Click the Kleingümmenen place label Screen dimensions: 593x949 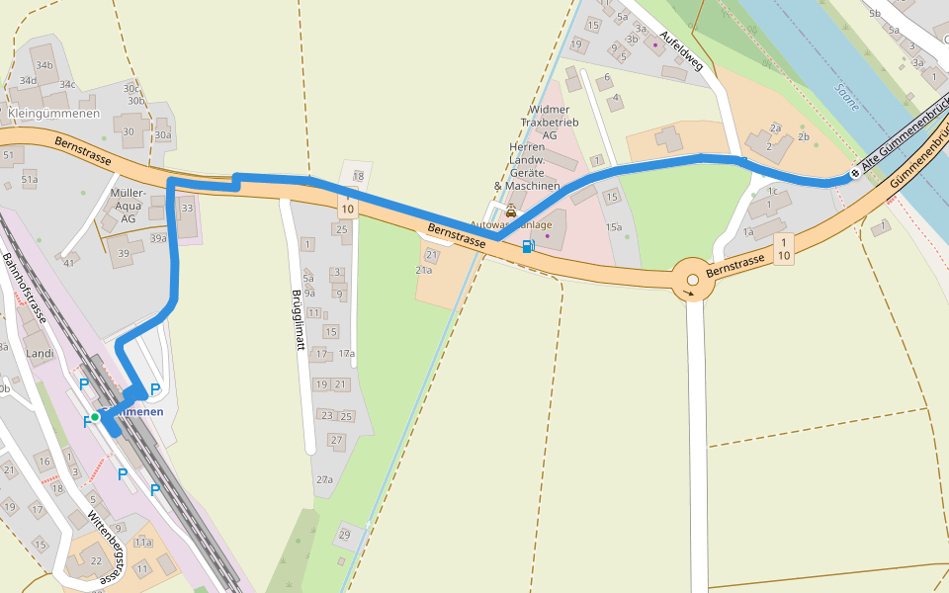tap(53, 114)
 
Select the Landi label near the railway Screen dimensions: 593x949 tap(40, 353)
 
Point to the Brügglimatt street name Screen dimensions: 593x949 tap(296, 321)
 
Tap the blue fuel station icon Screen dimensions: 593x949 tap(529, 245)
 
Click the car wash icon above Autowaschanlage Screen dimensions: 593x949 tap(511, 211)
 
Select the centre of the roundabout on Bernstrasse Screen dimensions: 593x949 tap(693, 281)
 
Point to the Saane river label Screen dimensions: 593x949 tap(847, 96)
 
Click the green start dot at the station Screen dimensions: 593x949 tap(95, 417)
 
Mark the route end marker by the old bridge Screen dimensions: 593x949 tap(855, 173)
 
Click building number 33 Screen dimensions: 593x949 tap(187, 208)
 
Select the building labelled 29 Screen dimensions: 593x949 tap(344, 535)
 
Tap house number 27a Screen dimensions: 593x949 tap(324, 479)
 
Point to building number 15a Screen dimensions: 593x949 tap(615, 228)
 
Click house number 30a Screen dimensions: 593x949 tap(163, 135)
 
